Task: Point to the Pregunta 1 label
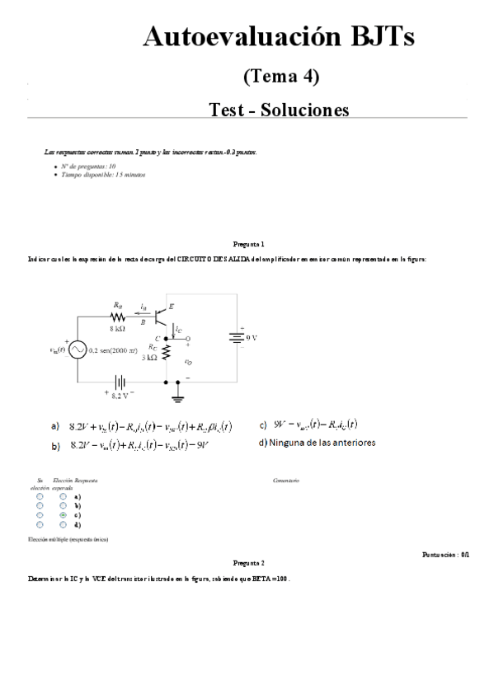(248, 244)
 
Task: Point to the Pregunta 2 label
(248, 562)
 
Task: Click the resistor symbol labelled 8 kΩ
(118, 316)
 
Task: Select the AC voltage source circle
(78, 349)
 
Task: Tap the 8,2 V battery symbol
(120, 382)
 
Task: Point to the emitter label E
(171, 306)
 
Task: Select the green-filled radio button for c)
(63, 515)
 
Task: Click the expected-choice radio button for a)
(63, 497)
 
